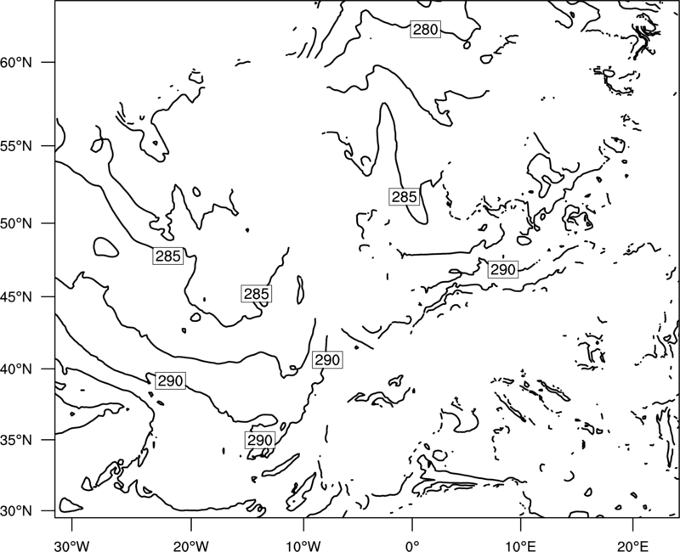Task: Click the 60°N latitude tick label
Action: click(16, 63)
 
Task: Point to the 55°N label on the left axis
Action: click(16, 146)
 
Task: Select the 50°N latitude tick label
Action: click(16, 223)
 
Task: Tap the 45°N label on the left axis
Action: click(16, 296)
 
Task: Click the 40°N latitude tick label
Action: click(16, 369)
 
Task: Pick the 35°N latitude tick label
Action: click(16, 440)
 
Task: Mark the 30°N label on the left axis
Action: click(16, 511)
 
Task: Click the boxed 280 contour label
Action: click(426, 30)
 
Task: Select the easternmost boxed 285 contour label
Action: click(405, 197)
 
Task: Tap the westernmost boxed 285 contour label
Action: click(167, 256)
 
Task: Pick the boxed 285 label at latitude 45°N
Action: click(257, 294)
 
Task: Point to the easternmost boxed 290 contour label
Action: click(503, 270)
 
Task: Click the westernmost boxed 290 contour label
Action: click(171, 380)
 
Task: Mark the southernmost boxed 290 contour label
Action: click(260, 440)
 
